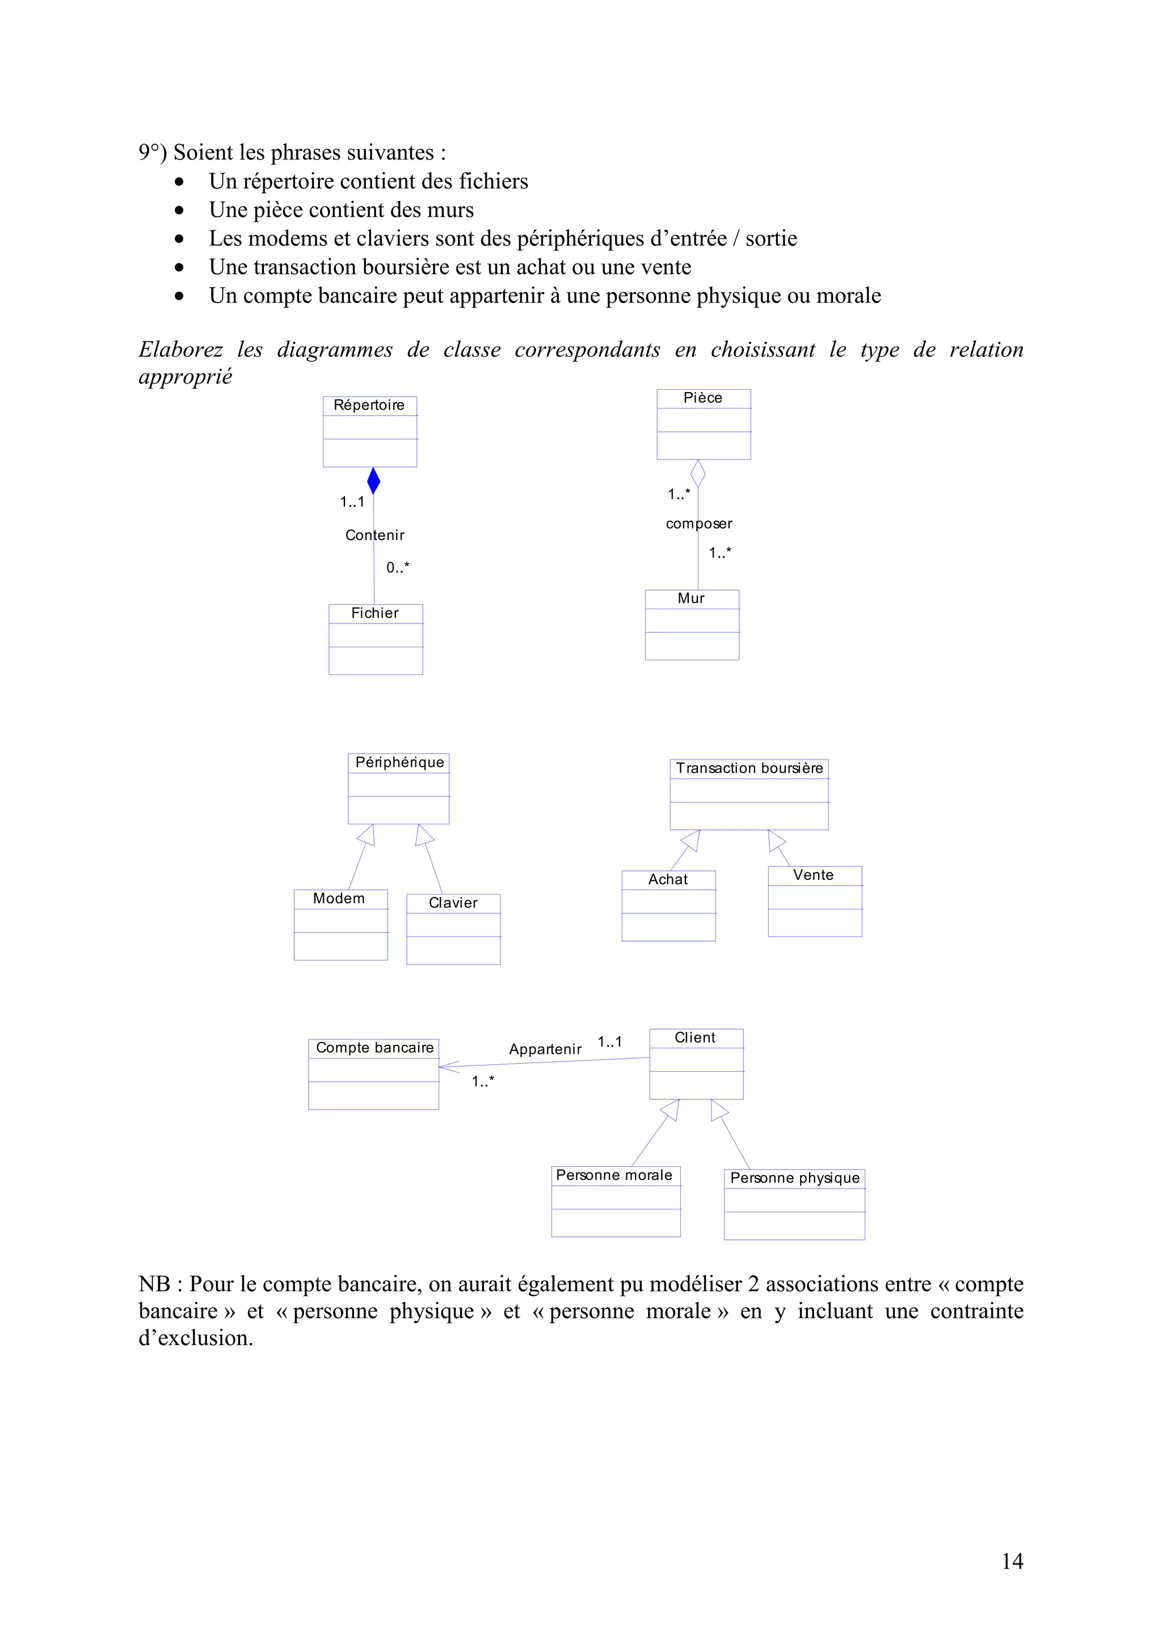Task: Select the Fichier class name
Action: point(374,613)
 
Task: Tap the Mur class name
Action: point(691,598)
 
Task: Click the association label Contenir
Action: point(374,535)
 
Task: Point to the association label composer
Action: point(699,524)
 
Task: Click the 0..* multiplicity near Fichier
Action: point(397,567)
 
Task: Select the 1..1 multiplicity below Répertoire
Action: point(352,502)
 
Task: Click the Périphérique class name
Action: point(399,762)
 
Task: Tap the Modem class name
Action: point(339,898)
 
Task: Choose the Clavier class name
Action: point(452,903)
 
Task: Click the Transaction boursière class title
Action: point(749,768)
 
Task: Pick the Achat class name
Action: point(667,879)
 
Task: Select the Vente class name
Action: point(812,875)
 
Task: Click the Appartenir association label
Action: point(545,1049)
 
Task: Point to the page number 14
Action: point(1012,1561)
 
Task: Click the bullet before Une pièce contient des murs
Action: point(179,210)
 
